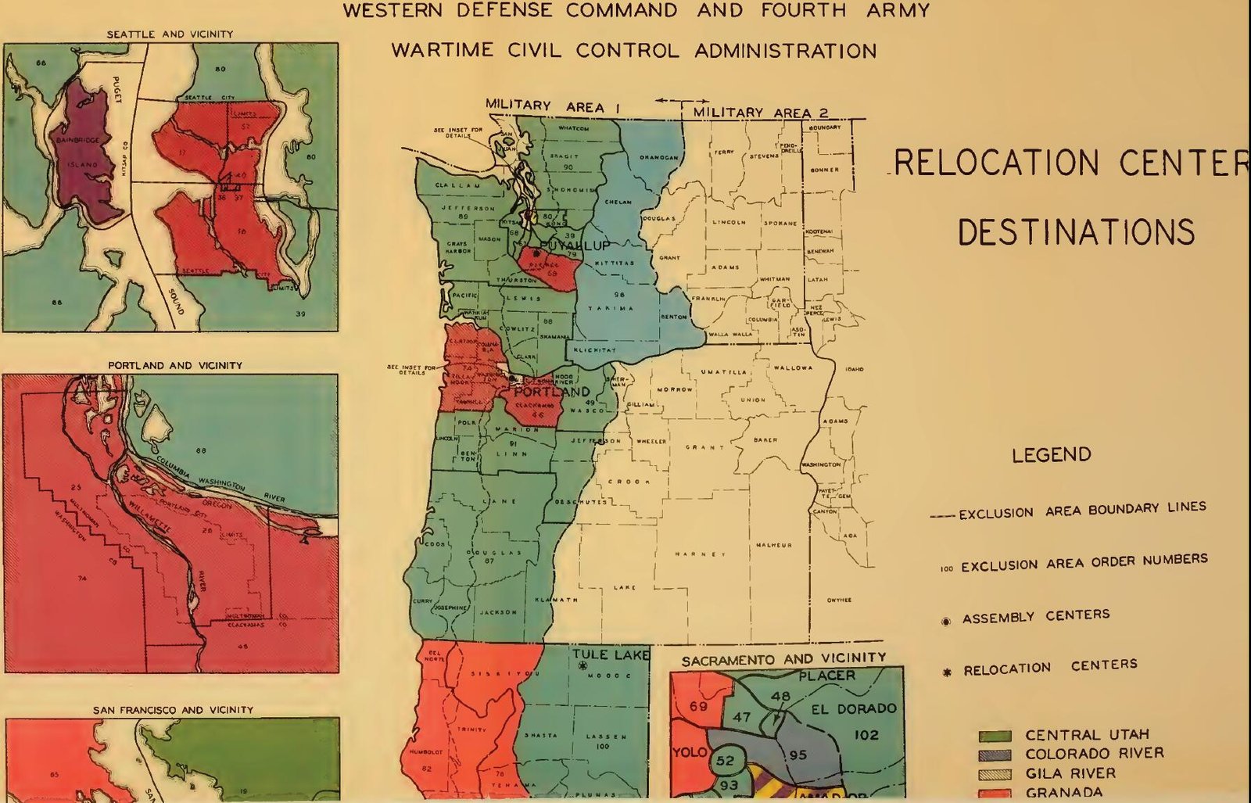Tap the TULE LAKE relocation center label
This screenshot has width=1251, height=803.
click(610, 654)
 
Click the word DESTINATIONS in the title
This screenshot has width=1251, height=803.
click(1075, 232)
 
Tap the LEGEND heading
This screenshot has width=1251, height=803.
click(1051, 454)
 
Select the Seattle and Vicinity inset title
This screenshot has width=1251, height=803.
click(170, 34)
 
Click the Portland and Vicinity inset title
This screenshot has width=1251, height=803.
click(174, 365)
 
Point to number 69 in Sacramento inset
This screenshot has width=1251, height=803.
click(698, 706)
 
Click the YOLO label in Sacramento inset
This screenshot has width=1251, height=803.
click(689, 752)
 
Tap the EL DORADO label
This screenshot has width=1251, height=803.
click(853, 708)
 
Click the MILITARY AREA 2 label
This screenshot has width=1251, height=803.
click(760, 113)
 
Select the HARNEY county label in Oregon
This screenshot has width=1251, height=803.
click(700, 554)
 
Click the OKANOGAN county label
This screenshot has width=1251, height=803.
click(658, 157)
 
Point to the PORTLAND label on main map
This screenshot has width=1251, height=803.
click(551, 391)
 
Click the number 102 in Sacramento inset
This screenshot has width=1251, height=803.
click(866, 735)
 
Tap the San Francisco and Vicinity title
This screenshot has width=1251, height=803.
click(173, 710)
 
